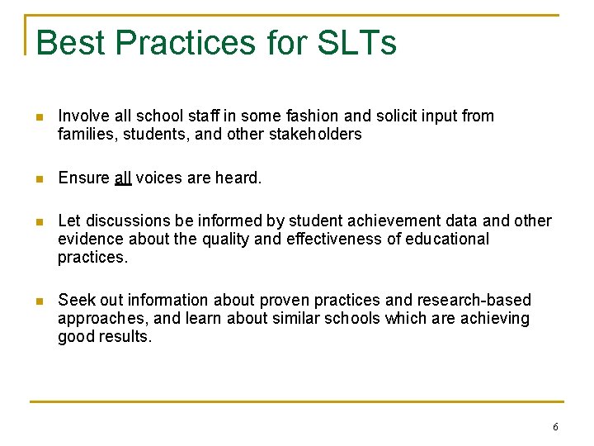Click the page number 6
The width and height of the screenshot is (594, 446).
click(555, 427)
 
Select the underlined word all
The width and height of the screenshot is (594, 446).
click(123, 178)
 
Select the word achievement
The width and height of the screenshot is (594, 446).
click(394, 221)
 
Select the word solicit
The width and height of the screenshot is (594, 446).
click(366, 116)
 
